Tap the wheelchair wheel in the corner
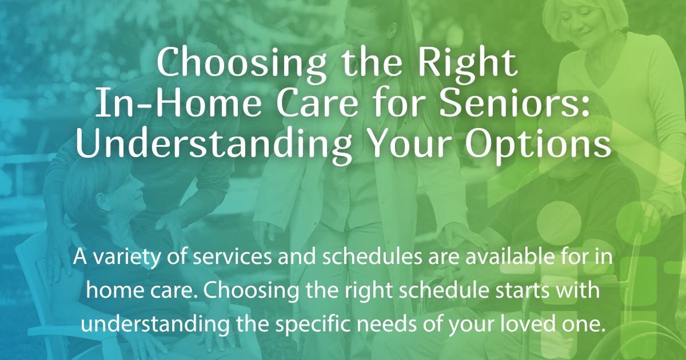tap(657, 337)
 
